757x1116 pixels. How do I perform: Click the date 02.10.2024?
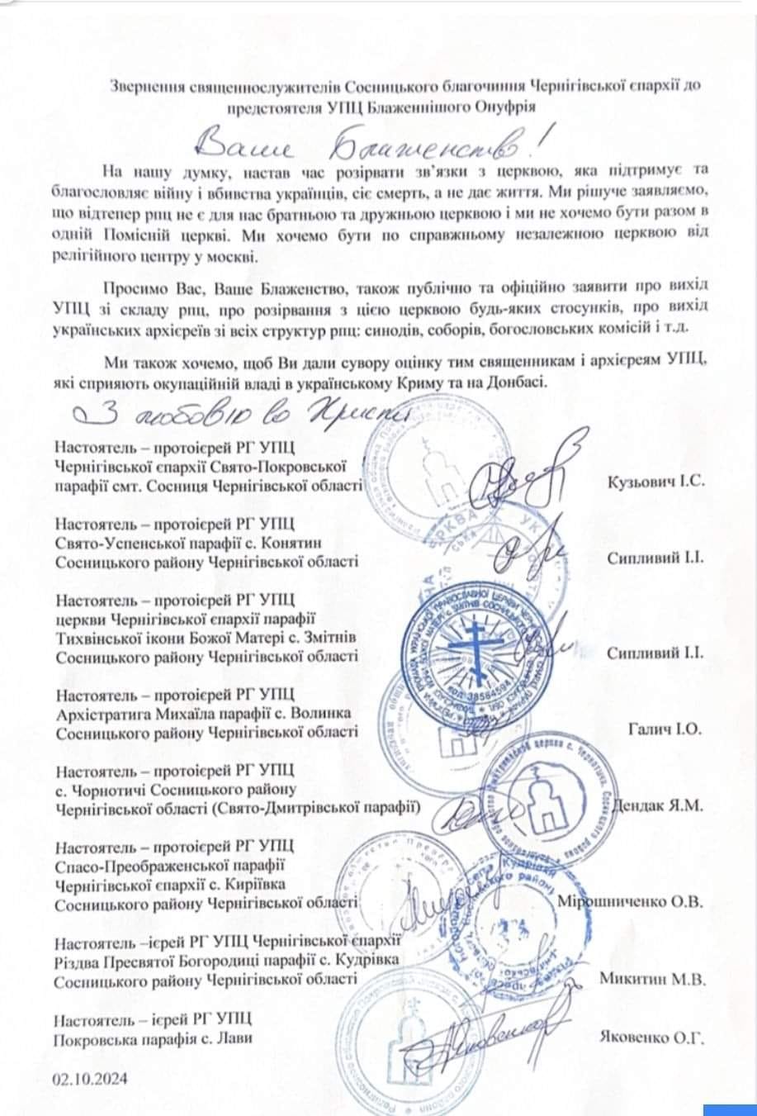90,1079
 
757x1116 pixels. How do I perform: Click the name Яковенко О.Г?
652,1038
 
